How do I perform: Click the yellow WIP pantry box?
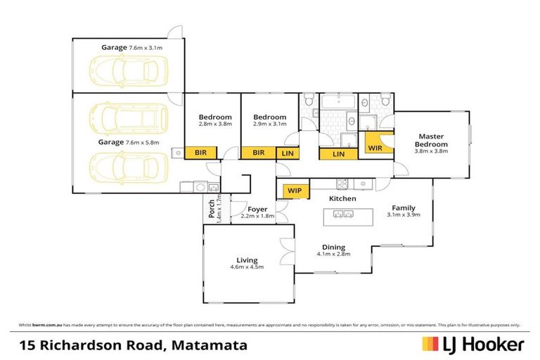[295, 191]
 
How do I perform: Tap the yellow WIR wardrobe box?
[375, 148]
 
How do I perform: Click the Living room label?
[247, 260]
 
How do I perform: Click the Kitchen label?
[342, 199]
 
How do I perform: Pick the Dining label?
[333, 247]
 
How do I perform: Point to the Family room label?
[404, 208]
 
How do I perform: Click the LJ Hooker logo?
[472, 345]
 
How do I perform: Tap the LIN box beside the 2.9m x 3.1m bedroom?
[288, 153]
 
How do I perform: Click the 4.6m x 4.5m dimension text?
[247, 268]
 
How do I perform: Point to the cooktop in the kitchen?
[342, 184]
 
